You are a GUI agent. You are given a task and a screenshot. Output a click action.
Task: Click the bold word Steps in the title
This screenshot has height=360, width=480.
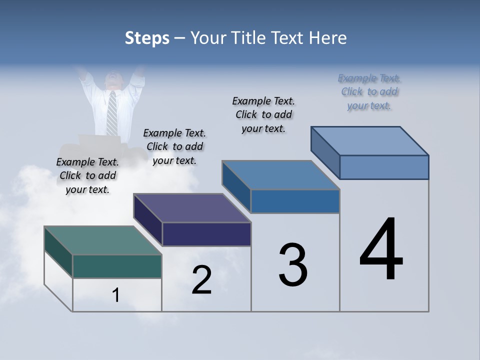[x=147, y=38]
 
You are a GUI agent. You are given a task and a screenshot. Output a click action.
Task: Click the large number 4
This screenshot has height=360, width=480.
[x=381, y=250]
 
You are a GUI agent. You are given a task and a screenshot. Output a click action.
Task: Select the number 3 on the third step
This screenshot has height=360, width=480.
[x=293, y=265]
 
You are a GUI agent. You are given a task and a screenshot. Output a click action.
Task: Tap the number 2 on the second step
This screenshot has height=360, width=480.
[x=202, y=280]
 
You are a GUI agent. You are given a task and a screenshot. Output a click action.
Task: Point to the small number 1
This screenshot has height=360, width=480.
[x=116, y=295]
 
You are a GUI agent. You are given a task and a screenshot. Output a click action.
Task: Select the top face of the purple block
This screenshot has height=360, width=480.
[x=192, y=208]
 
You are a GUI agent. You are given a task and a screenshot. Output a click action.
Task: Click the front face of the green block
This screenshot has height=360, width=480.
[x=117, y=266]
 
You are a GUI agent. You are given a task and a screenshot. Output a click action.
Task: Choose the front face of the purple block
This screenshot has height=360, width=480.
[x=206, y=234]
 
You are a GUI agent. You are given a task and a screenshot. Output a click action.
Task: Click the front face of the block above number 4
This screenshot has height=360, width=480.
[x=384, y=167]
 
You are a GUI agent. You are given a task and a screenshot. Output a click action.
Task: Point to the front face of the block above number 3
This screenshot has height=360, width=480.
[x=295, y=201]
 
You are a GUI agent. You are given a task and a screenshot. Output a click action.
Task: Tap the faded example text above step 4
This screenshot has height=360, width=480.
[x=369, y=92]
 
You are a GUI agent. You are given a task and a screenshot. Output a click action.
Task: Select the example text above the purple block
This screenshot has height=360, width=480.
[x=174, y=146]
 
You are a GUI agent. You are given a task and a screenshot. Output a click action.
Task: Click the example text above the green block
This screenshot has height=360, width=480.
[x=87, y=175]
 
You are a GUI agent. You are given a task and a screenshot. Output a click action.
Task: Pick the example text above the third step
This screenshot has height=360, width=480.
[x=263, y=114]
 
